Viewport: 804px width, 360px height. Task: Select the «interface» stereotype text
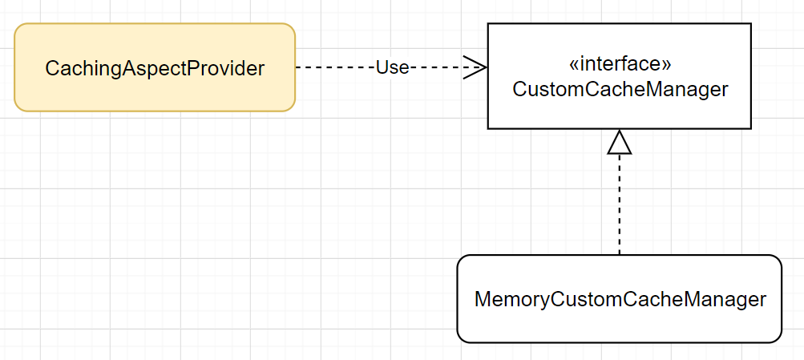click(620, 64)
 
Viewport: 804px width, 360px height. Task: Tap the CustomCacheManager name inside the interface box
click(620, 89)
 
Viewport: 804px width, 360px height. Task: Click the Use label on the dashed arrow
click(392, 68)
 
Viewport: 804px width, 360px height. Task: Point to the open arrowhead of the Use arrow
click(478, 68)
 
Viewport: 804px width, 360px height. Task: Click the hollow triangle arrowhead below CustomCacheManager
click(620, 143)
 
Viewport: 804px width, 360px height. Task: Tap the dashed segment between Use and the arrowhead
click(437, 68)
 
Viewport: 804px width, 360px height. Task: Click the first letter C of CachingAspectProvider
click(52, 69)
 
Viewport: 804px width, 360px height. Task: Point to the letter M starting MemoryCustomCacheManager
click(483, 300)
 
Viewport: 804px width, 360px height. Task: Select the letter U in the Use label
click(382, 68)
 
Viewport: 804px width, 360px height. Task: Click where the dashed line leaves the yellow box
click(297, 68)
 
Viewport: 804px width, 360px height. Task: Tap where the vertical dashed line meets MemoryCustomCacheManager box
click(620, 255)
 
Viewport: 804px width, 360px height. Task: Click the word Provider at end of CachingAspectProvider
click(232, 69)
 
